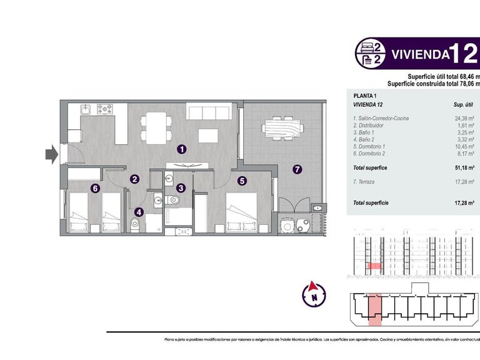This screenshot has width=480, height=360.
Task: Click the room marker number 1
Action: [181, 149]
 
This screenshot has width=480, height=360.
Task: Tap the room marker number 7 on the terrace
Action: [297, 169]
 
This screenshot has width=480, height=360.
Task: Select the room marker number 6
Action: [94, 187]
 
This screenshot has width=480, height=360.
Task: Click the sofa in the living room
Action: [209, 112]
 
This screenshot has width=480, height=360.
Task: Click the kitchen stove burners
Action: [103, 109]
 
